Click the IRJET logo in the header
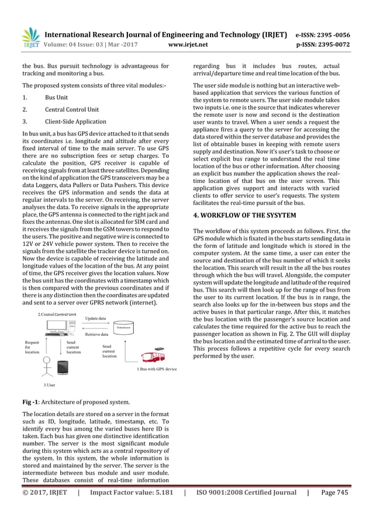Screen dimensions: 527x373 point(30,37)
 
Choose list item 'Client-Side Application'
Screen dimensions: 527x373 point(75,122)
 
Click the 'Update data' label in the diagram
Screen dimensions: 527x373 point(96,318)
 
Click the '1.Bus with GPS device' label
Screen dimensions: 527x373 point(157,369)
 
